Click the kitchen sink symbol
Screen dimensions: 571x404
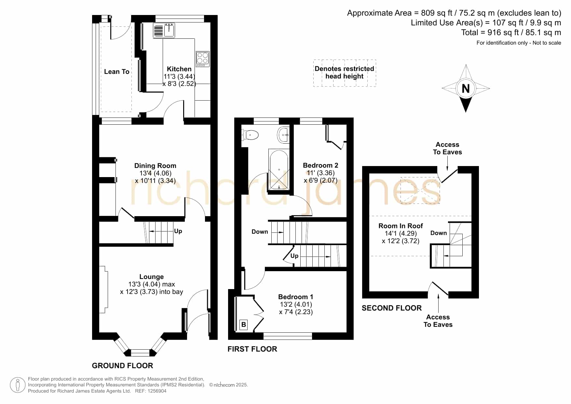pos(164,31)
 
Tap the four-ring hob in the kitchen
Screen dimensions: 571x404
pos(202,59)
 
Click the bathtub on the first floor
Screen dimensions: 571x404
pos(279,169)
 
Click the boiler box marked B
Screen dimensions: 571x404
pos(243,325)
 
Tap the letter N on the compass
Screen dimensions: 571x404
pos(466,88)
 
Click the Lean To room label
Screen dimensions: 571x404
pos(116,72)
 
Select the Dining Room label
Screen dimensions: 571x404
pos(155,166)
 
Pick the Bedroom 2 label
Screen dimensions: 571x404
pos(320,165)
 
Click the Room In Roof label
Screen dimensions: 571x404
pos(401,226)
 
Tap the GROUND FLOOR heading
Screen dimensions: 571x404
pos(122,366)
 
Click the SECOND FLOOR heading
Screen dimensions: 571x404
pos(392,308)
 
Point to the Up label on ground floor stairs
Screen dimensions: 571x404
pos(178,231)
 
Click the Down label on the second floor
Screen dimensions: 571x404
pos(439,233)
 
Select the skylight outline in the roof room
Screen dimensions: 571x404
pos(420,191)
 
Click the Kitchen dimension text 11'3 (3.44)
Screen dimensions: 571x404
pos(179,77)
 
